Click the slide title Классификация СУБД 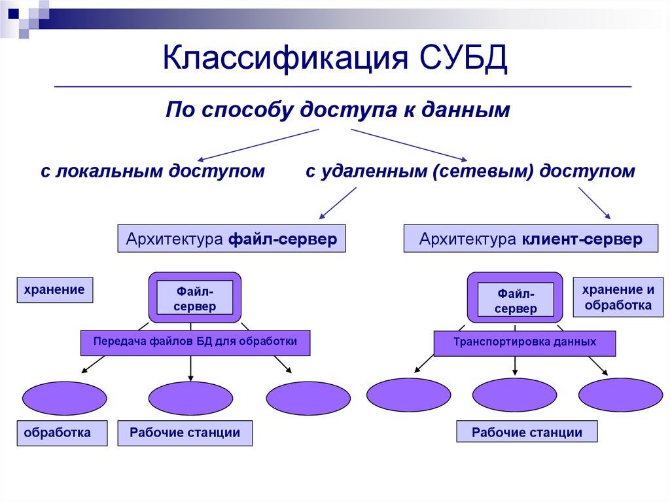point(335,58)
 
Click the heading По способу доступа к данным point(338,109)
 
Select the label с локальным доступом point(152,171)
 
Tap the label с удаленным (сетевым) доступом point(470,171)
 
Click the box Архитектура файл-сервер point(232,239)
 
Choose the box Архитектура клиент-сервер point(531,239)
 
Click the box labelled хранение point(55,290)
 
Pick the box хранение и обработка point(618,297)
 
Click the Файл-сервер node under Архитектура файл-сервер point(194,298)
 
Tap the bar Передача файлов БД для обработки point(195,342)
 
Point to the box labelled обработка point(62,433)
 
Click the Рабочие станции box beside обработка point(185,433)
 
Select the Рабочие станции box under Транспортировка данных point(527,433)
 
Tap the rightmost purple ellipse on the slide point(621,395)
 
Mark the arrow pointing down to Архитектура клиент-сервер point(594,204)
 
